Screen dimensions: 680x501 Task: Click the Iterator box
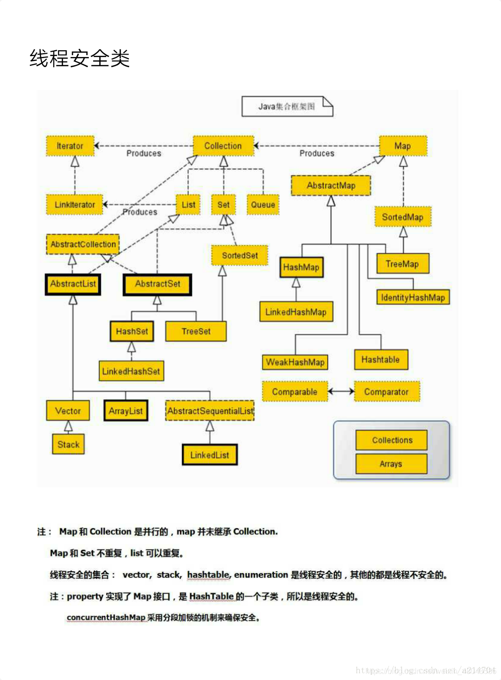70,146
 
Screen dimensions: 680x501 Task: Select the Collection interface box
223,146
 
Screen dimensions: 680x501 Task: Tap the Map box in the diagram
403,146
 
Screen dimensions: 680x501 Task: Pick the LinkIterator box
75,204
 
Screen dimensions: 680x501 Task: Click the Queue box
263,204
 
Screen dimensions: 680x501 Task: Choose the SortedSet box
240,255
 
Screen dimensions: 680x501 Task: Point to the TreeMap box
402,264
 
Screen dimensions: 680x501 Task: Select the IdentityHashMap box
413,297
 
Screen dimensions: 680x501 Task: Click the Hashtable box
380,360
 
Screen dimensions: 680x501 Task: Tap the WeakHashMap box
295,362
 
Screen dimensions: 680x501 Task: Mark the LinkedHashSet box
131,371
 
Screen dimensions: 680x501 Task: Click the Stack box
68,444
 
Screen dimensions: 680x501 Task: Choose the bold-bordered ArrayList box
125,411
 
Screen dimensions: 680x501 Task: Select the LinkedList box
209,455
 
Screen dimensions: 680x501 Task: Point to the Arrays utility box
391,464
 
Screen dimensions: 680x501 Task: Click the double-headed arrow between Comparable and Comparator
341,391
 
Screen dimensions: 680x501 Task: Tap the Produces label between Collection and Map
317,153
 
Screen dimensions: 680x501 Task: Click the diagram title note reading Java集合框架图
287,106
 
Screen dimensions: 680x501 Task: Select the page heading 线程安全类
80,58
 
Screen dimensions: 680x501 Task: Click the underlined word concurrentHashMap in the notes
106,617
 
